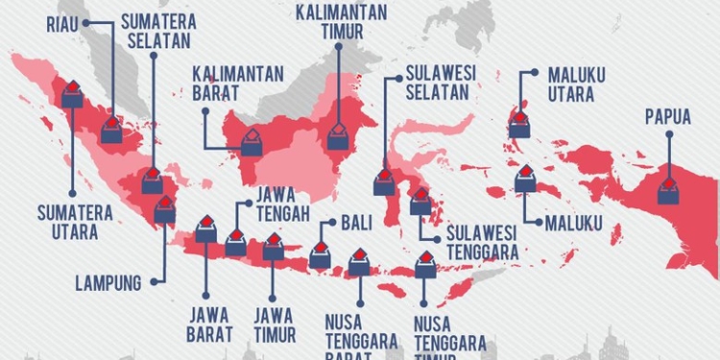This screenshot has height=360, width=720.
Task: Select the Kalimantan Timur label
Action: (x=341, y=21)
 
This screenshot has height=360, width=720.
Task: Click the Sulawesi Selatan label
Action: (x=437, y=83)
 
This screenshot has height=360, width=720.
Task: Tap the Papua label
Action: (x=669, y=117)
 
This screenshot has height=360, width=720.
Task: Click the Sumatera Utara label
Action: (x=74, y=220)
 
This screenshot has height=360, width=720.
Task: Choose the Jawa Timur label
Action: (x=274, y=324)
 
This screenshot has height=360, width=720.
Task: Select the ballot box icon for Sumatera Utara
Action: (x=73, y=93)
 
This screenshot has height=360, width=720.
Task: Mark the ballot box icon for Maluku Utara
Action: (x=519, y=123)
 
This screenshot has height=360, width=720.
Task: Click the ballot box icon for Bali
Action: (x=320, y=255)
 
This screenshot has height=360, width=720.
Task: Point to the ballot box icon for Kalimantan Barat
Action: (x=251, y=142)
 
